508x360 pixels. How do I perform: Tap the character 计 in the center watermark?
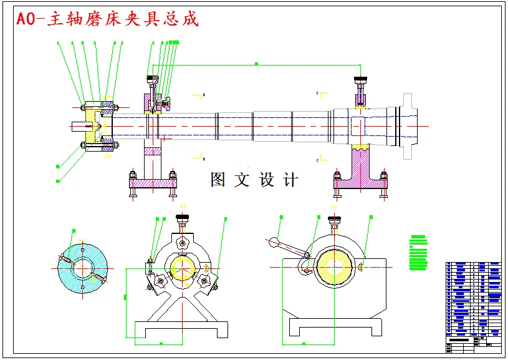pos(290,180)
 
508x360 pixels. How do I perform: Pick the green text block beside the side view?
pos(418,253)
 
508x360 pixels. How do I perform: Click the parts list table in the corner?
pos(473,305)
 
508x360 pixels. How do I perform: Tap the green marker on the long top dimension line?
pos(256,64)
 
